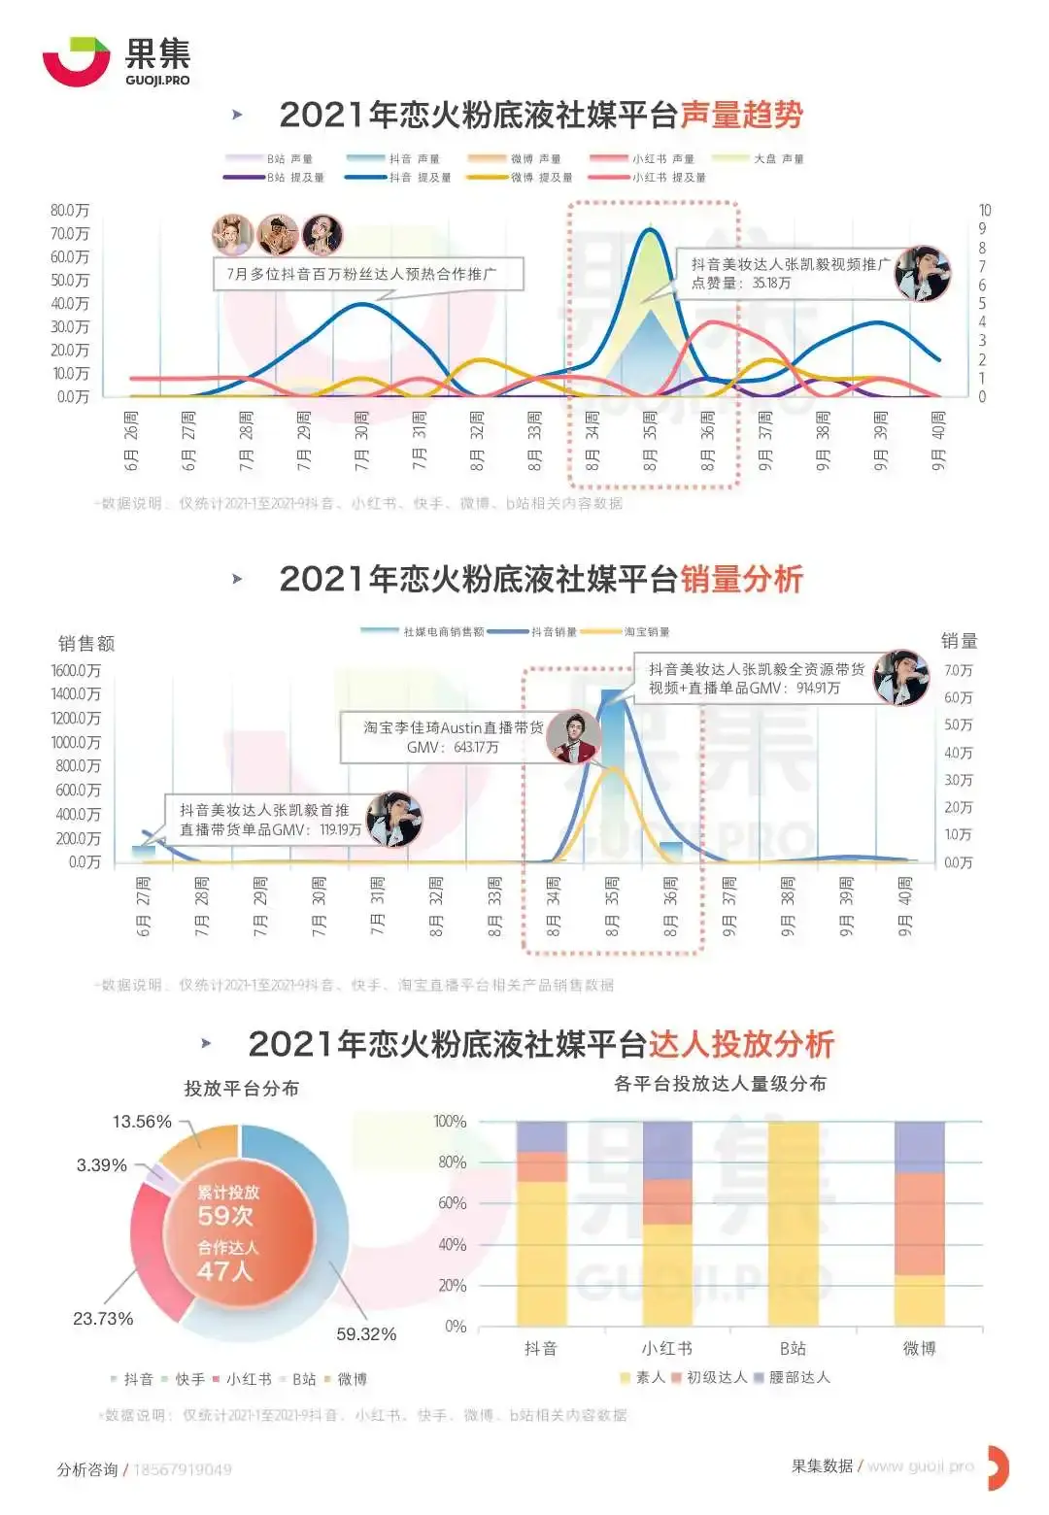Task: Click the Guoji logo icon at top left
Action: tap(76, 61)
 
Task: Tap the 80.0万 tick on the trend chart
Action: tap(70, 211)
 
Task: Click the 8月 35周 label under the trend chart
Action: tap(650, 441)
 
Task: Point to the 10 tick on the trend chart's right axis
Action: tap(985, 211)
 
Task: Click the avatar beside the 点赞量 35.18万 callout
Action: tap(922, 273)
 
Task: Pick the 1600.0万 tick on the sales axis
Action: tap(76, 670)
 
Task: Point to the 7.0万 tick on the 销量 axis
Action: tap(958, 671)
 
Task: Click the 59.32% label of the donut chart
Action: tap(366, 1334)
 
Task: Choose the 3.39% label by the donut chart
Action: tap(102, 1165)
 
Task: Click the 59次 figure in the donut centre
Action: tap(225, 1216)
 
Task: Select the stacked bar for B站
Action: tap(793, 1224)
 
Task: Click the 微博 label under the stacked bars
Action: tap(919, 1348)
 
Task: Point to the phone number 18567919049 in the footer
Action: tap(183, 1469)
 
